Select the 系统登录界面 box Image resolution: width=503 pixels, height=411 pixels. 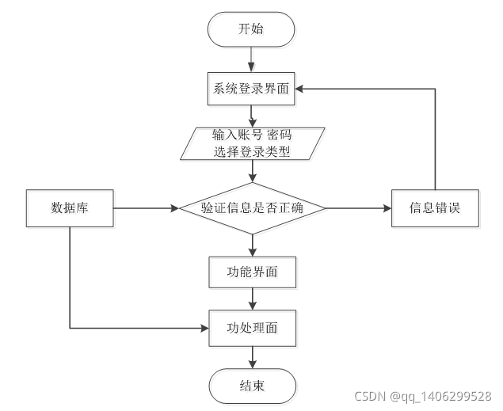pyautogui.click(x=252, y=89)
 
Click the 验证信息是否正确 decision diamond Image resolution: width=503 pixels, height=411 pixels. pyautogui.click(x=252, y=208)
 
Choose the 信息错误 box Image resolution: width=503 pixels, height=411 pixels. pyautogui.click(x=435, y=208)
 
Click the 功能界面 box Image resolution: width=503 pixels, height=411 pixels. pyautogui.click(x=252, y=272)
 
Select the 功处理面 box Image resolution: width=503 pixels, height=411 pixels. pyautogui.click(x=252, y=326)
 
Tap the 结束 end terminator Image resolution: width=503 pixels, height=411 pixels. pyautogui.click(x=252, y=386)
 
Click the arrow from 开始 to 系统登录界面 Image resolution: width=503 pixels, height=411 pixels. pyautogui.click(x=251, y=59)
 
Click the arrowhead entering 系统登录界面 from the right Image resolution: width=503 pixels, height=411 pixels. pyautogui.click(x=302, y=89)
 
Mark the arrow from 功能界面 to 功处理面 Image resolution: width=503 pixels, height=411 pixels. pyautogui.click(x=252, y=299)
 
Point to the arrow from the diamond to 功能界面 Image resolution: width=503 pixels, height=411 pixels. pyautogui.click(x=252, y=245)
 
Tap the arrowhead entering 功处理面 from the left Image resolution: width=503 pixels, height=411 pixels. pyautogui.click(x=203, y=326)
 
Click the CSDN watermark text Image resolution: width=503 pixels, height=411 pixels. pyautogui.click(x=422, y=396)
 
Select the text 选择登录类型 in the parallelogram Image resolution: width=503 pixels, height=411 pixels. pyautogui.click(x=252, y=151)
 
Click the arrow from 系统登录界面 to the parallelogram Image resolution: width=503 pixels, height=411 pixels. pyautogui.click(x=252, y=115)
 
